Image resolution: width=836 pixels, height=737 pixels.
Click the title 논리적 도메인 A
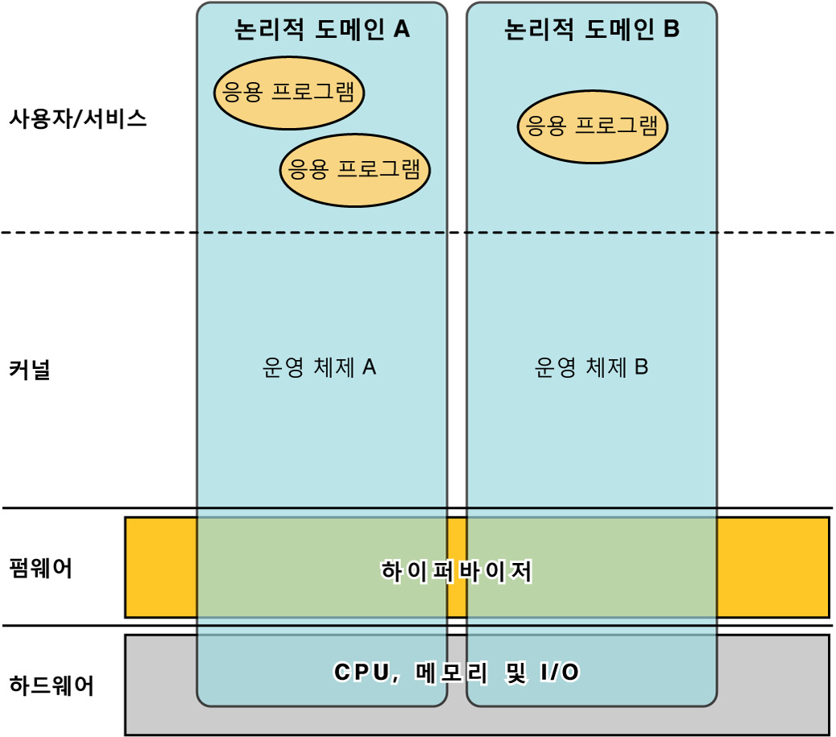[x=322, y=29]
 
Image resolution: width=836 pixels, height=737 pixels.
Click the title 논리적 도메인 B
[x=592, y=29]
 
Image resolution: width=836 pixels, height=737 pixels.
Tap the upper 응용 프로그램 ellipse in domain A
[x=289, y=93]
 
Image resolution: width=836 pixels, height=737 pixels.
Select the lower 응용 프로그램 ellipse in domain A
[x=355, y=170]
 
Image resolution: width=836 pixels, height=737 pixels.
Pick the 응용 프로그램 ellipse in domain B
[x=592, y=126]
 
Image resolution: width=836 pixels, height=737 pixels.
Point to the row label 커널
[x=30, y=369]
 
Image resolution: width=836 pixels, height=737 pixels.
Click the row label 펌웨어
[x=40, y=569]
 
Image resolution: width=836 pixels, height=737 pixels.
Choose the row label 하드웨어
[x=52, y=685]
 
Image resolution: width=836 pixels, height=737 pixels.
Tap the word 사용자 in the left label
[x=39, y=118]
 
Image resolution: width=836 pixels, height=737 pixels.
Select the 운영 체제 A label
[x=319, y=367]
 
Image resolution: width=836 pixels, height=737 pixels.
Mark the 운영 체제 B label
[x=591, y=367]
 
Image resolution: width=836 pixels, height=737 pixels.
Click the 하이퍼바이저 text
[x=457, y=571]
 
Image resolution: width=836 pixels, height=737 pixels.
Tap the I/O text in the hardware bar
[x=560, y=672]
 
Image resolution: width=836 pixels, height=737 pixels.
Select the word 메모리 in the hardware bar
[x=451, y=672]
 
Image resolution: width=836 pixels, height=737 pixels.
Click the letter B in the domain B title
[x=671, y=29]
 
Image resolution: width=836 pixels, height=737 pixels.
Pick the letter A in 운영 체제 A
[x=369, y=367]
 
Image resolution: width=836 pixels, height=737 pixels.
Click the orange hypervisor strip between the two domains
[x=457, y=567]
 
